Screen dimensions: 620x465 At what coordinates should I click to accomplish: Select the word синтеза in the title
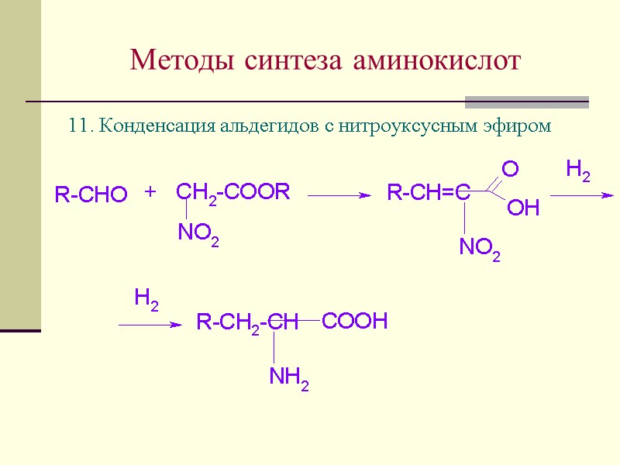[x=291, y=60]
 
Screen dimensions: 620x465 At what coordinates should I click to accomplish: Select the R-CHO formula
[x=91, y=195]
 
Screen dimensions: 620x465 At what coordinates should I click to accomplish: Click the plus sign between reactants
[x=150, y=191]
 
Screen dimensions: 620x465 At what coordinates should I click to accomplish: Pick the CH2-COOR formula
[x=232, y=191]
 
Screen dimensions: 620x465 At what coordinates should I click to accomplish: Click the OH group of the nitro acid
[x=523, y=208]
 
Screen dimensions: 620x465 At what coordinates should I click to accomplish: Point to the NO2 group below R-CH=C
[x=479, y=249]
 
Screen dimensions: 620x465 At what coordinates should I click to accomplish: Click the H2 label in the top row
[x=578, y=170]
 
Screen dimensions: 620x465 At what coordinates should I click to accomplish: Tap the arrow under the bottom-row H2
[x=149, y=325]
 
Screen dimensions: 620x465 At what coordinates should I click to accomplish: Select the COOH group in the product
[x=354, y=322]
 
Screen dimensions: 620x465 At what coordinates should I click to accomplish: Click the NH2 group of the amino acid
[x=289, y=377]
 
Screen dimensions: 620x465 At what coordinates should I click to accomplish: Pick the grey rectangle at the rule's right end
[x=526, y=102]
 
